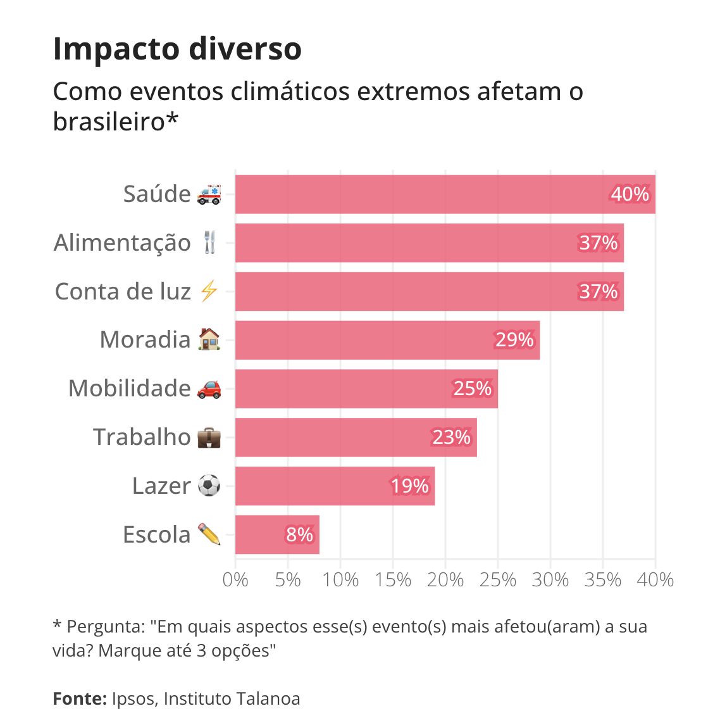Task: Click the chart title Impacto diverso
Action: pos(177,49)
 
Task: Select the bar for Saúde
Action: pos(418,194)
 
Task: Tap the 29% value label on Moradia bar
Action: pos(514,340)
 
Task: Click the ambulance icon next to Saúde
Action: pos(209,194)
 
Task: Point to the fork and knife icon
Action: pos(210,242)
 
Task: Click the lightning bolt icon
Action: pos(209,291)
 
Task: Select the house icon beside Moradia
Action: pos(209,339)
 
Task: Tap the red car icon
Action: pos(209,388)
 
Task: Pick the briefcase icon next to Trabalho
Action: pos(209,437)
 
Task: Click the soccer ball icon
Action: pos(209,486)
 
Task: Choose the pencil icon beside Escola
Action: pos(209,534)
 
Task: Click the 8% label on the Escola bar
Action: pos(299,535)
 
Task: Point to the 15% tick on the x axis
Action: pos(392,579)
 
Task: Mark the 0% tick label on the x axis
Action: pos(235,579)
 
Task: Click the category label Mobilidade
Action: pos(129,388)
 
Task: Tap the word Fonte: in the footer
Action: pos(80,698)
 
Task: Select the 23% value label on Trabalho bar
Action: pos(451,438)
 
